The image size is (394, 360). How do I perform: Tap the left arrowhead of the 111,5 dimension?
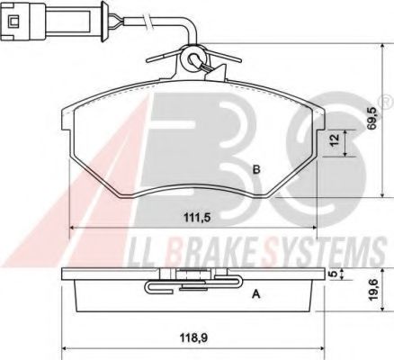pyautogui.click(x=72, y=228)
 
